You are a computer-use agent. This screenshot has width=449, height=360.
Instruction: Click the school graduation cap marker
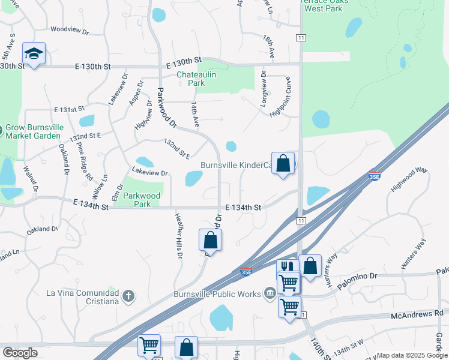point(34,53)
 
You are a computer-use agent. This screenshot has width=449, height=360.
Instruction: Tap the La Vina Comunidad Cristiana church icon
point(128,295)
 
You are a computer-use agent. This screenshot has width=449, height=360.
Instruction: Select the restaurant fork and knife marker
point(287,267)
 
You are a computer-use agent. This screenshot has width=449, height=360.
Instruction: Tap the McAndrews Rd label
point(417,313)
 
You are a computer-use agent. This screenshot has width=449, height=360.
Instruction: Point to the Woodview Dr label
point(69,29)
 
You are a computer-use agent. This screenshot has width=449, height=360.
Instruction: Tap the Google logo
point(20,353)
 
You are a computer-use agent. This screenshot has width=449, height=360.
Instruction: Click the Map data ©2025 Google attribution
point(412,355)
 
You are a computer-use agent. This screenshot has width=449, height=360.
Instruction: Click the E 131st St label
point(69,110)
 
